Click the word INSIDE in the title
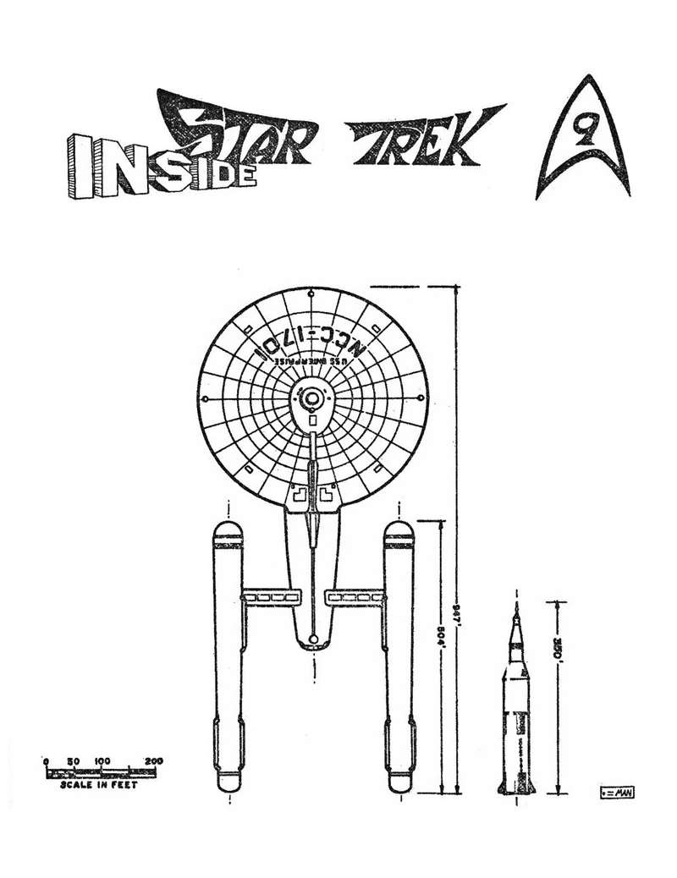click(x=161, y=166)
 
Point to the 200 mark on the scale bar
click(x=154, y=761)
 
